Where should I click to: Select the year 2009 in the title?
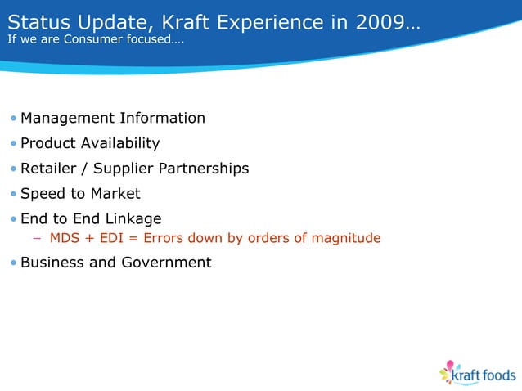click(x=379, y=21)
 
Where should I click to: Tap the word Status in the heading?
click(x=34, y=21)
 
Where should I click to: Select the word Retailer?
click(x=49, y=169)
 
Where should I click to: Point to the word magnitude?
click(x=347, y=239)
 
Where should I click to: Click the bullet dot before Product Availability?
click(x=13, y=144)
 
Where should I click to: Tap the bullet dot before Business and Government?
click(x=13, y=263)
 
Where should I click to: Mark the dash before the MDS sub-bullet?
click(x=37, y=239)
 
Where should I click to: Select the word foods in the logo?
click(x=497, y=375)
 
